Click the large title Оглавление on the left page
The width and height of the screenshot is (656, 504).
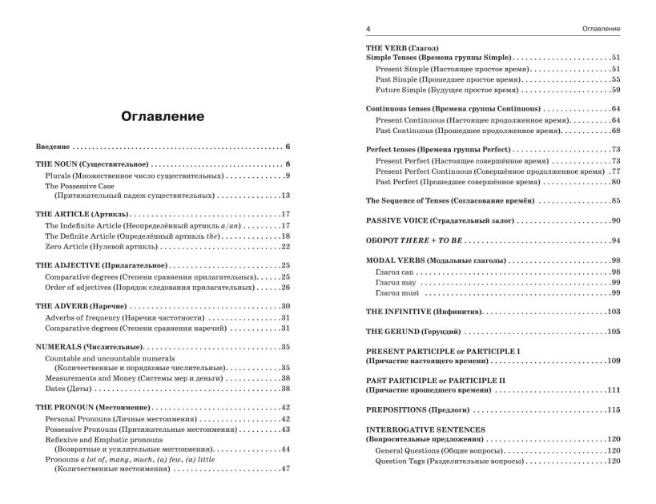tap(163, 117)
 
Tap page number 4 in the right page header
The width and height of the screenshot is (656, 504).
tap(368, 30)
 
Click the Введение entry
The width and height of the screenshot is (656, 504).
tap(54, 147)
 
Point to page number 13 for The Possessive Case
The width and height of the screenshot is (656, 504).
tap(284, 196)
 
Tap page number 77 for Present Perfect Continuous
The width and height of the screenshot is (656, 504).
tap(615, 171)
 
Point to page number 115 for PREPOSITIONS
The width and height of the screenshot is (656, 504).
tap(613, 410)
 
